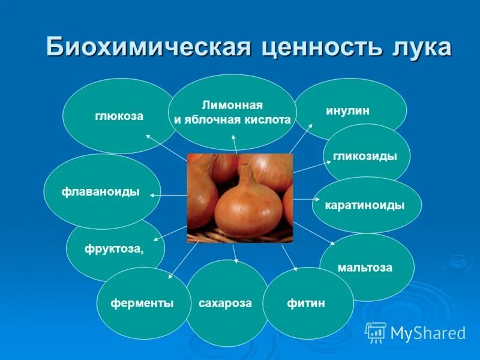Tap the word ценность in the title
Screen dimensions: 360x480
(314, 47)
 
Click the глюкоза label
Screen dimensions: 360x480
(119, 116)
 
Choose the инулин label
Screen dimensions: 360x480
(347, 111)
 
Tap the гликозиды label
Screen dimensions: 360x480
(365, 156)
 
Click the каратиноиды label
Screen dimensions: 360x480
(365, 205)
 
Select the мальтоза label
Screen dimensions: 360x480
(365, 268)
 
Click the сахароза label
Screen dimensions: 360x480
(225, 303)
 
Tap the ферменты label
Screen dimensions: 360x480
(142, 303)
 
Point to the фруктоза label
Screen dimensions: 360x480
(114, 249)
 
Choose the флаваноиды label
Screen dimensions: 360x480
(101, 192)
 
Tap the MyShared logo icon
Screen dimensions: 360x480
(376, 332)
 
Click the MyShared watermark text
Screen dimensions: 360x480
(428, 333)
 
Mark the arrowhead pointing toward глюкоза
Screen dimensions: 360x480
(147, 136)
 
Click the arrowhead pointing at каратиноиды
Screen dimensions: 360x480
(316, 199)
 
